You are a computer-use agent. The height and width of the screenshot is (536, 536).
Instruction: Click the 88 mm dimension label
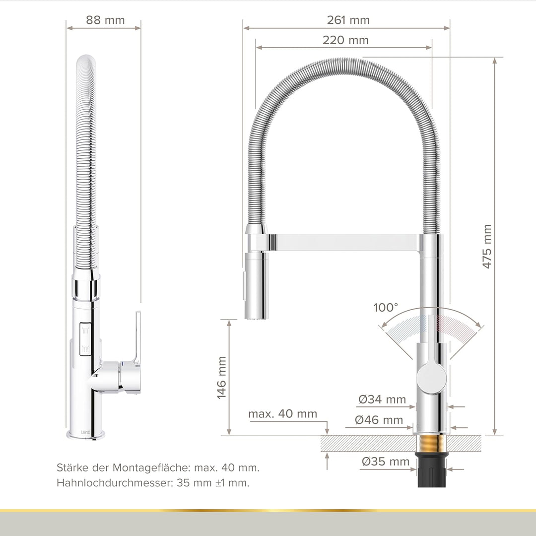point(105,20)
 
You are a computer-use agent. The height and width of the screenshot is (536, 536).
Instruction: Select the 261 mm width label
point(348,20)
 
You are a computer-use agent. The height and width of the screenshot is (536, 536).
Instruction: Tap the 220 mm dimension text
point(345,41)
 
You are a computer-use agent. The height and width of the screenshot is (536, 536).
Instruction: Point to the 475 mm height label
point(487,247)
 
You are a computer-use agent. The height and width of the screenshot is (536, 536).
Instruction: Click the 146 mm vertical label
point(221,377)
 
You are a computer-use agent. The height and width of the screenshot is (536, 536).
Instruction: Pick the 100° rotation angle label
point(386,307)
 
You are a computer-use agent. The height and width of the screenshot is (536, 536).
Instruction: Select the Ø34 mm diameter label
point(382,399)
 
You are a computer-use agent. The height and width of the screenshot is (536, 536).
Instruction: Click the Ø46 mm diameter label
point(379,420)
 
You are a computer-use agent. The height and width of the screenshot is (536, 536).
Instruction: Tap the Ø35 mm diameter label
point(386,462)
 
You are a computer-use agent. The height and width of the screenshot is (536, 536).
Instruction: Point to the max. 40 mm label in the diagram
point(282,414)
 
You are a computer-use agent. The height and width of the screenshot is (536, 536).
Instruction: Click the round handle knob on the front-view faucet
point(431,377)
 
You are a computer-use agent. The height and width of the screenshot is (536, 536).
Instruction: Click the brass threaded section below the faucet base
point(431,444)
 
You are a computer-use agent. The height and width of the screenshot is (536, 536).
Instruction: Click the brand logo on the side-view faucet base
point(86,432)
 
